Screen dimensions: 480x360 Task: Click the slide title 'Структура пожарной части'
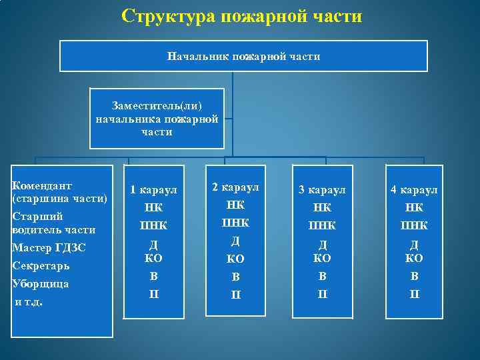(x=242, y=16)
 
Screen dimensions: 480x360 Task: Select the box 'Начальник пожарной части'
(x=243, y=57)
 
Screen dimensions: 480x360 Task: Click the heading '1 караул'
(x=154, y=190)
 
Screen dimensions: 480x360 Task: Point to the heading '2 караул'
(x=235, y=187)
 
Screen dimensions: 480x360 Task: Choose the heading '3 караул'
(x=322, y=190)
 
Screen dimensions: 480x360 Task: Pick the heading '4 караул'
(x=414, y=190)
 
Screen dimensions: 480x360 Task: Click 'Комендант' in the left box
(x=42, y=185)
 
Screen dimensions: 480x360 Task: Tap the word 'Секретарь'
(x=41, y=265)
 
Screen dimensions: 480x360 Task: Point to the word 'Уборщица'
(x=40, y=283)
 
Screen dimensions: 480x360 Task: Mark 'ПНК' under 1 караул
(x=154, y=225)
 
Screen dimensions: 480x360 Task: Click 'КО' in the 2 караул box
(x=235, y=258)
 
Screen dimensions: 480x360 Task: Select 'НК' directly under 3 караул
(x=322, y=208)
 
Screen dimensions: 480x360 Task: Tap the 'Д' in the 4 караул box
(x=414, y=245)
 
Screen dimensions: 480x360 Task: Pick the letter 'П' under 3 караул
(x=322, y=293)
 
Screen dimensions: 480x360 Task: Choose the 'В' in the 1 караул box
(x=154, y=275)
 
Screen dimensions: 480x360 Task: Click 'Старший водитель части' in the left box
(x=54, y=223)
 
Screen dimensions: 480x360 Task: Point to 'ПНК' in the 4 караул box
(x=414, y=225)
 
